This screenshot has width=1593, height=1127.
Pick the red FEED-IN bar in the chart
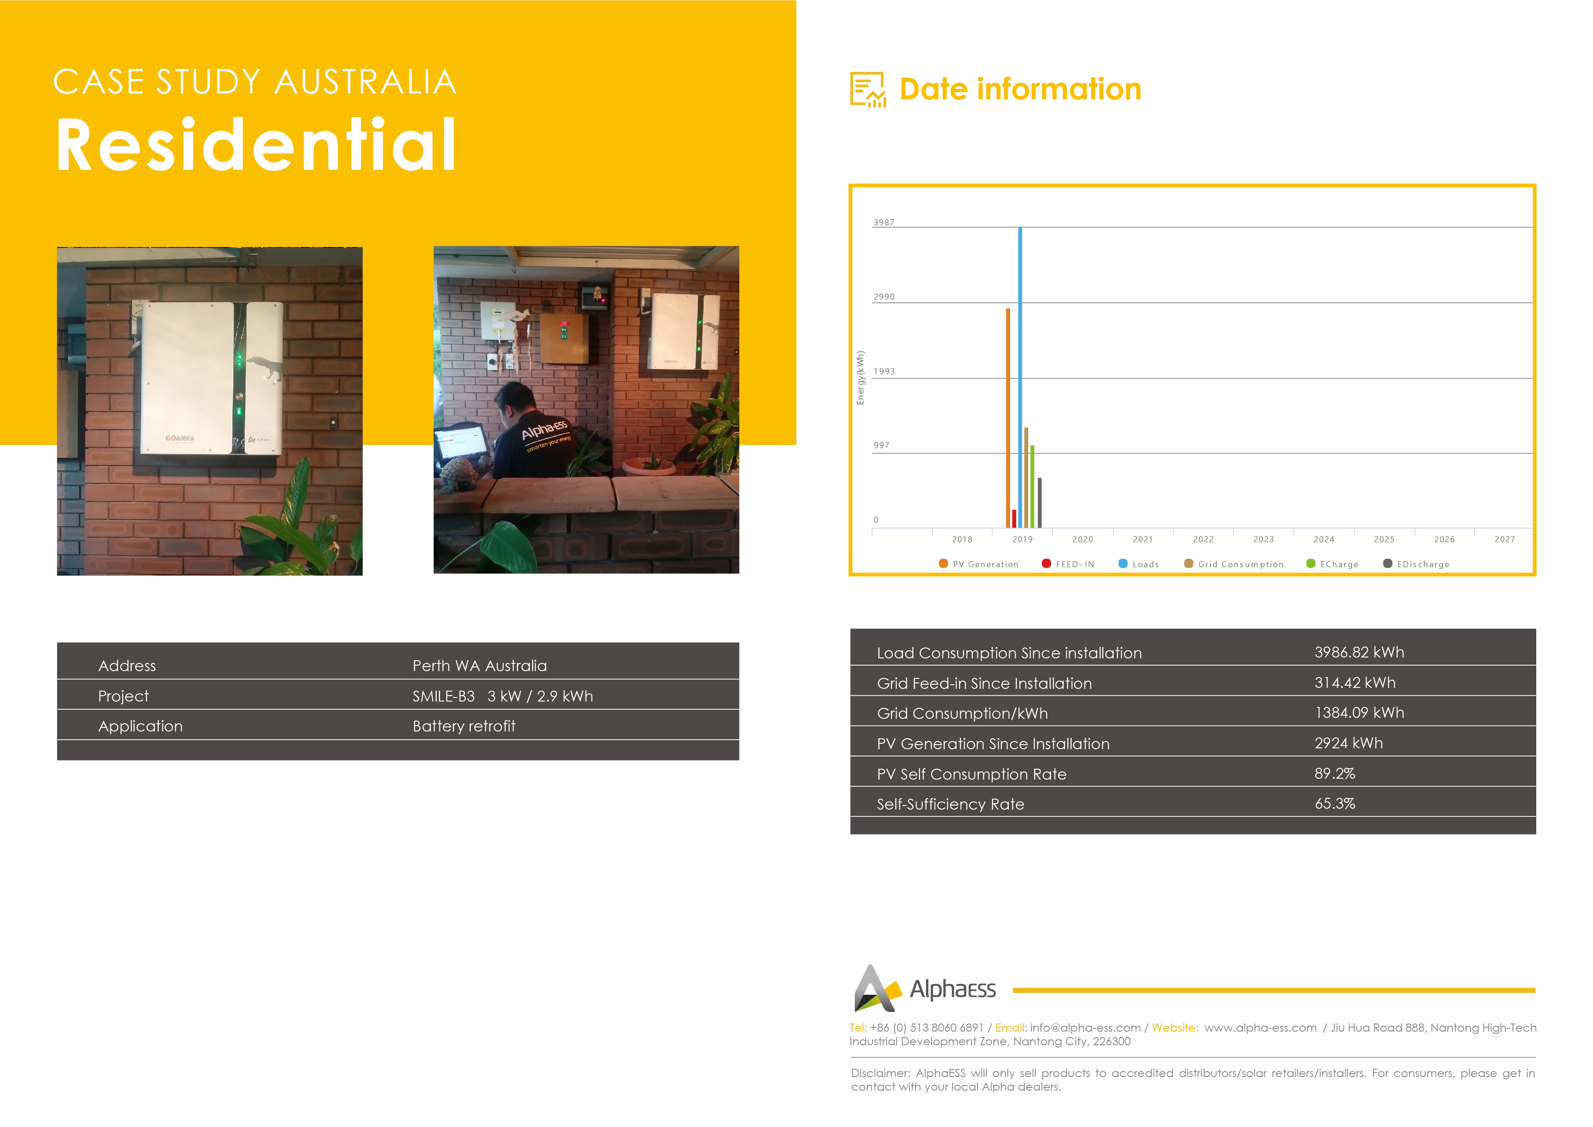pos(1014,519)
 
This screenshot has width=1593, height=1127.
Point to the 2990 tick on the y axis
pos(884,297)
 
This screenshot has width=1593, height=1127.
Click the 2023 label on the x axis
pos(1263,539)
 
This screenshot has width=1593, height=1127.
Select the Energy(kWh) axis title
pos(860,377)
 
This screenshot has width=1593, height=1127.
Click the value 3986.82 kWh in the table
pos(1359,652)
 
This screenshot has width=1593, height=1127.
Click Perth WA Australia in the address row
pos(479,666)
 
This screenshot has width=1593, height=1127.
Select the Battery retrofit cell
pos(464,726)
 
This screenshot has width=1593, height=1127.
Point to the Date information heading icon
pos(868,89)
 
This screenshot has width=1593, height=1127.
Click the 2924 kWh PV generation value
pos(1349,743)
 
